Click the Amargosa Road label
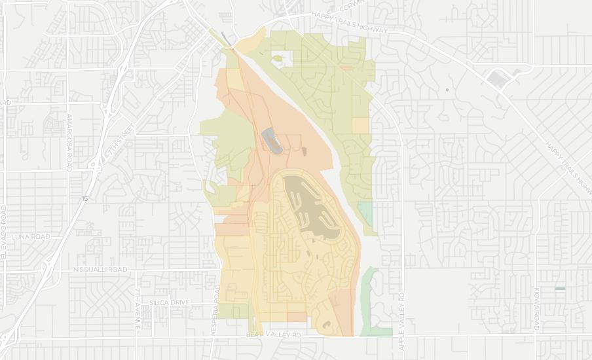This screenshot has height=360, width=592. tap(69, 143)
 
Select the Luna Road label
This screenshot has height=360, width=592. tap(26, 236)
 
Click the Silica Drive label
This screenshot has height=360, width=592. tap(169, 302)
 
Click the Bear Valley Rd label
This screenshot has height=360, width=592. tap(273, 335)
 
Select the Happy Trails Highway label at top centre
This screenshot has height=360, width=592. tap(350, 22)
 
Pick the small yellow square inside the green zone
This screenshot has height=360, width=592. tap(360, 126)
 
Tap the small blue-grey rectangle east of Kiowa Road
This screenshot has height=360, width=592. tap(559, 288)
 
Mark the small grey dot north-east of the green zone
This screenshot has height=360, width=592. tap(447, 90)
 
